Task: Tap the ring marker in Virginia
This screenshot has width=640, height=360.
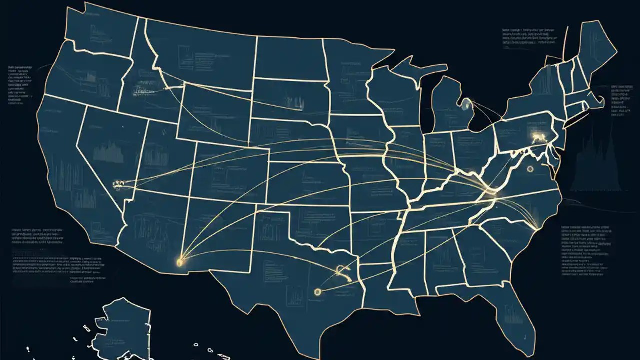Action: point(530,169)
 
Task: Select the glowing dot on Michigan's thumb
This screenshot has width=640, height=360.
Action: point(467,104)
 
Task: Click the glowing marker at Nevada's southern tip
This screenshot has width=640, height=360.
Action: point(118,184)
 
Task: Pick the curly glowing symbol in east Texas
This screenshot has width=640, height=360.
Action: point(344,272)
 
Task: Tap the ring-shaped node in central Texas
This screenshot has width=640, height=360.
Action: point(317,291)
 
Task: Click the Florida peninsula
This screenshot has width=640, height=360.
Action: point(515,315)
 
